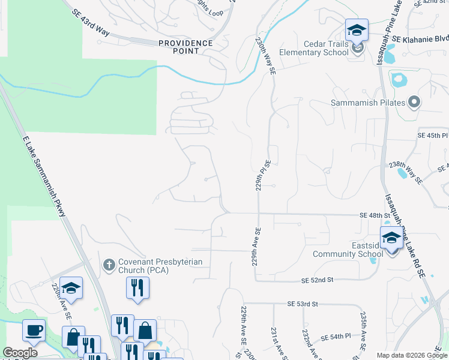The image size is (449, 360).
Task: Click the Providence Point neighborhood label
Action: click(185, 47)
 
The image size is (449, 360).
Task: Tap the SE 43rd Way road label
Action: click(90, 23)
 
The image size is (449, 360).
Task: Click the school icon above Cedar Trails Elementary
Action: click(356, 30)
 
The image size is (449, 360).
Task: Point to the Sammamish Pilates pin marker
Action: click(414, 103)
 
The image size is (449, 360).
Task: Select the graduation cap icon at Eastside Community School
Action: click(391, 238)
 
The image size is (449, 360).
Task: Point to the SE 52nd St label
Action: click(316, 280)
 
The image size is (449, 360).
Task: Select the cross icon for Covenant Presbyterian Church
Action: click(109, 264)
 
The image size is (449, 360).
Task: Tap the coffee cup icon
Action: click(34, 330)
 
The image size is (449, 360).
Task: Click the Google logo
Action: click(20, 353)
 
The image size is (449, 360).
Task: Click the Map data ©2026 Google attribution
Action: click(411, 355)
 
